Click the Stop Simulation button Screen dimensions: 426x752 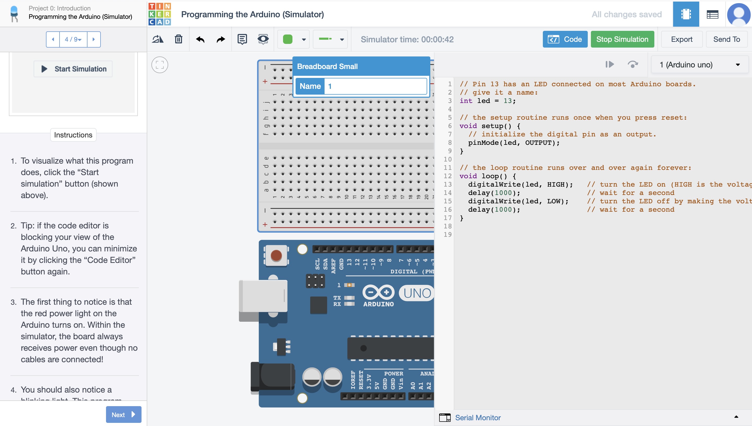click(x=622, y=39)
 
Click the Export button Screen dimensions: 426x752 click(x=681, y=39)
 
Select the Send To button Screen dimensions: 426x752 click(x=726, y=39)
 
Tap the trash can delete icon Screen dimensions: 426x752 click(x=178, y=39)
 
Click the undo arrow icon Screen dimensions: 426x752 click(x=200, y=39)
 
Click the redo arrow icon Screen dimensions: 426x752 click(x=221, y=39)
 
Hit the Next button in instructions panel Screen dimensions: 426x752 click(x=123, y=414)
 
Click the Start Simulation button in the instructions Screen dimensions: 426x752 click(x=73, y=69)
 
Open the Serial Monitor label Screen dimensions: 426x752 click(x=478, y=418)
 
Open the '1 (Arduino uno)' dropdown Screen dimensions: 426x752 click(x=700, y=65)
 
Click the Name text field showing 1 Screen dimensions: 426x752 click(x=375, y=86)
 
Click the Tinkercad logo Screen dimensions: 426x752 click(x=160, y=14)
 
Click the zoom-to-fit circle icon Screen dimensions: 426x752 click(x=160, y=65)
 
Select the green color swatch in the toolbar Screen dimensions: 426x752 click(x=287, y=39)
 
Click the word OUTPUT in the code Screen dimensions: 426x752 click(x=538, y=143)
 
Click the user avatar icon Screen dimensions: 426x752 click(x=739, y=14)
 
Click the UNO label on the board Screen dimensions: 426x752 click(x=417, y=293)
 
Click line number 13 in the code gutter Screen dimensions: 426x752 click(x=448, y=185)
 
